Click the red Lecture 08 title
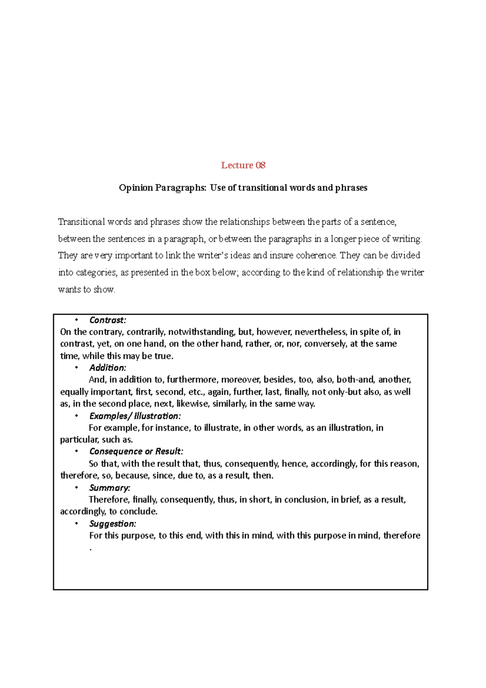pos(243,165)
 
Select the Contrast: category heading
pos(108,320)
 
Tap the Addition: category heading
pos(108,368)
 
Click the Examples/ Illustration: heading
pos(135,416)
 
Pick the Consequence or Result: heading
pos(136,451)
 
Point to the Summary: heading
pos(110,488)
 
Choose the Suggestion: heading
pos(113,523)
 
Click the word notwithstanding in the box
pos(201,332)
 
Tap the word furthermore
pos(192,380)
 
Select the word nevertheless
pos(320,332)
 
